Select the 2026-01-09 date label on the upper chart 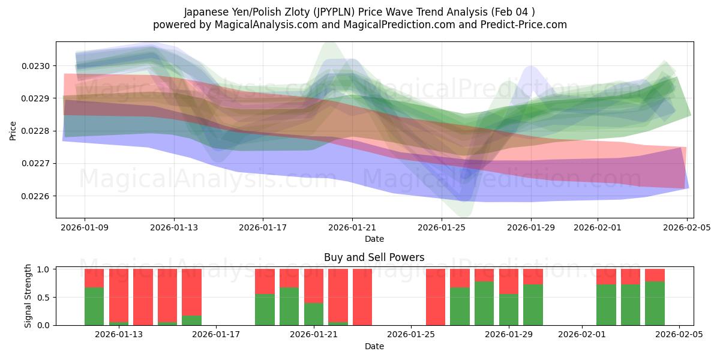[x=85, y=227]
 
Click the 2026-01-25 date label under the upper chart [x=442, y=227]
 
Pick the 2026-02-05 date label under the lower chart [x=679, y=334]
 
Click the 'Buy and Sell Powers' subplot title [x=374, y=257]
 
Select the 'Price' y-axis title [x=13, y=130]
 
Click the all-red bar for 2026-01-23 [x=362, y=297]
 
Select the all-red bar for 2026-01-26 [x=436, y=297]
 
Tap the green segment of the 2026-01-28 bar [x=484, y=303]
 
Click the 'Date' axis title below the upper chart [x=374, y=239]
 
